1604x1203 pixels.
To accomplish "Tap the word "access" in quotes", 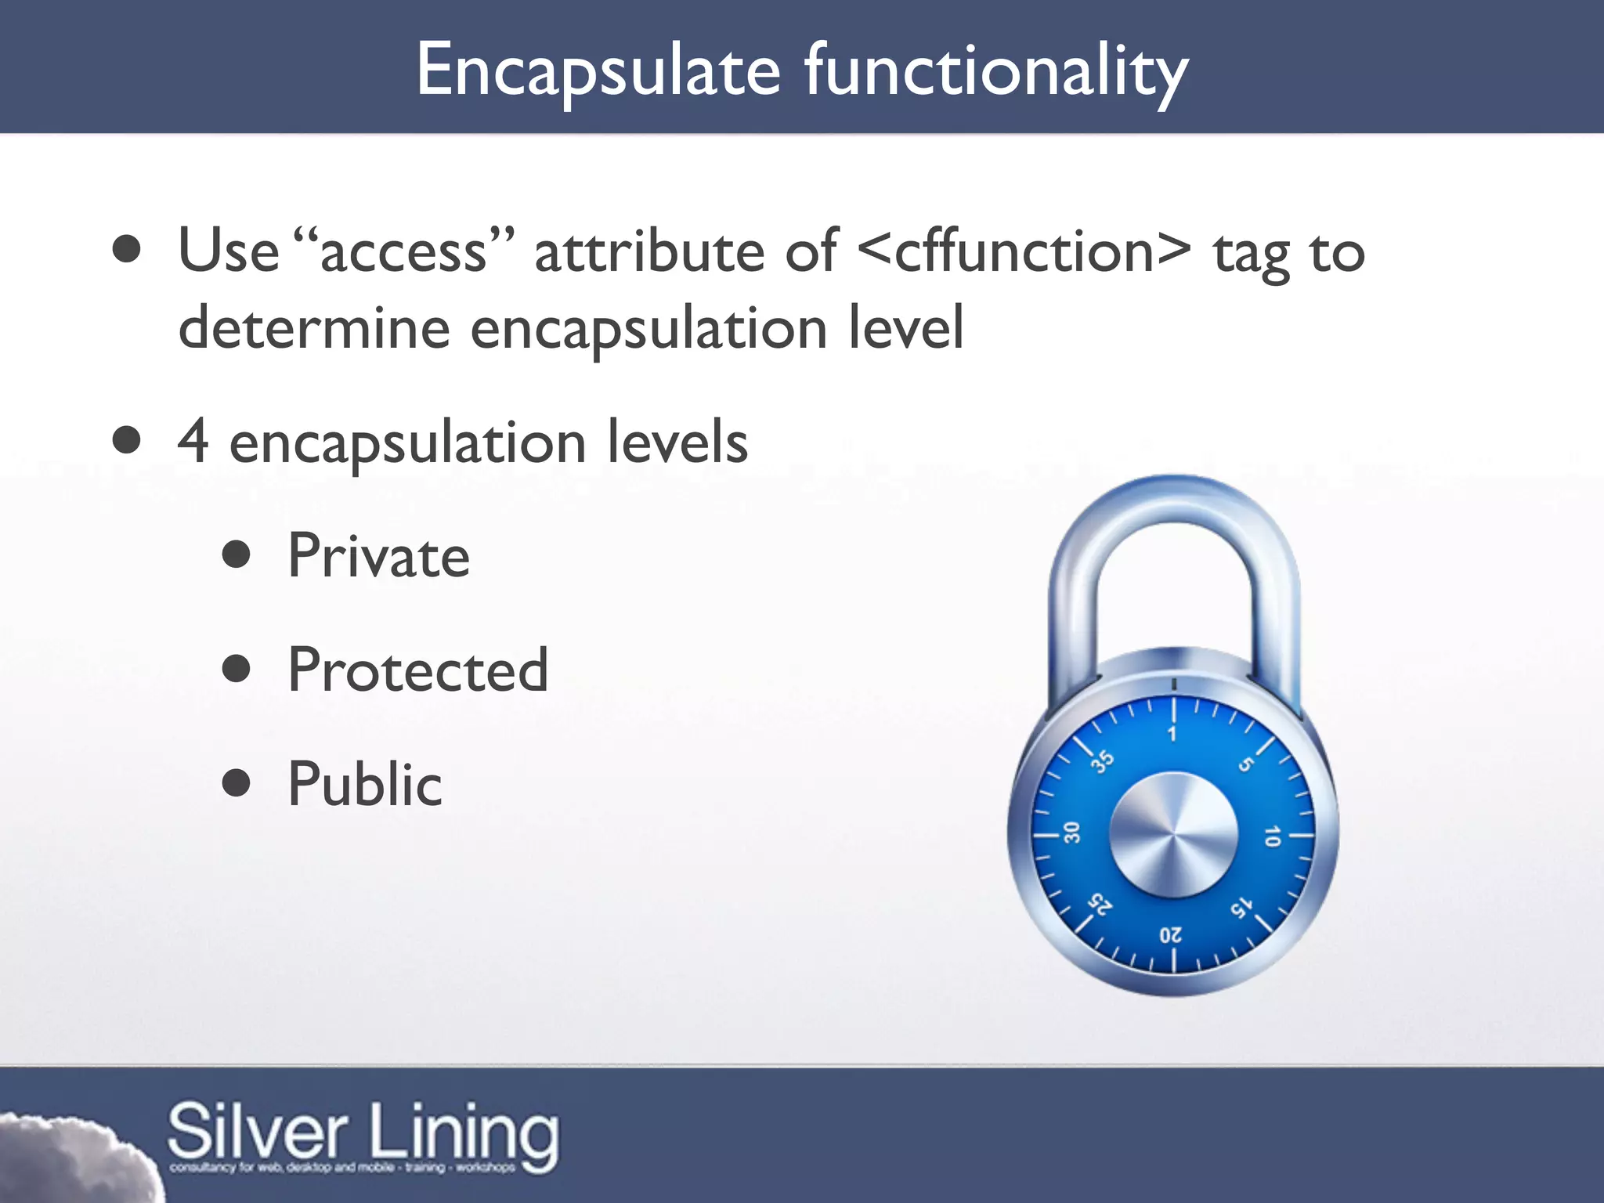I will tap(405, 251).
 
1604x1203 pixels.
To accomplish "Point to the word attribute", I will tap(648, 251).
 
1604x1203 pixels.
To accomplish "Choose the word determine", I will tap(313, 327).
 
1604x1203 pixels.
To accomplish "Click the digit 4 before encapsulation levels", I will tap(193, 442).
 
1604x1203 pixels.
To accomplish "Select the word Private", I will tap(379, 556).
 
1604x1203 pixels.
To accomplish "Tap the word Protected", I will tap(418, 670).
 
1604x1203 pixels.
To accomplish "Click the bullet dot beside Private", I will tap(236, 555).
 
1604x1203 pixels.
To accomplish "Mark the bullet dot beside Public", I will tap(236, 782).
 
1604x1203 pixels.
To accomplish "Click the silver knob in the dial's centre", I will tap(1173, 835).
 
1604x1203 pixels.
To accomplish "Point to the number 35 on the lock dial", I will tap(1103, 760).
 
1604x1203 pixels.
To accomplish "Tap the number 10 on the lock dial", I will tap(1272, 836).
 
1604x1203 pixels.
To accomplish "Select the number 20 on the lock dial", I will tap(1171, 935).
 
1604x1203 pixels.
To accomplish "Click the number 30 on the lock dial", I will tap(1071, 832).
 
